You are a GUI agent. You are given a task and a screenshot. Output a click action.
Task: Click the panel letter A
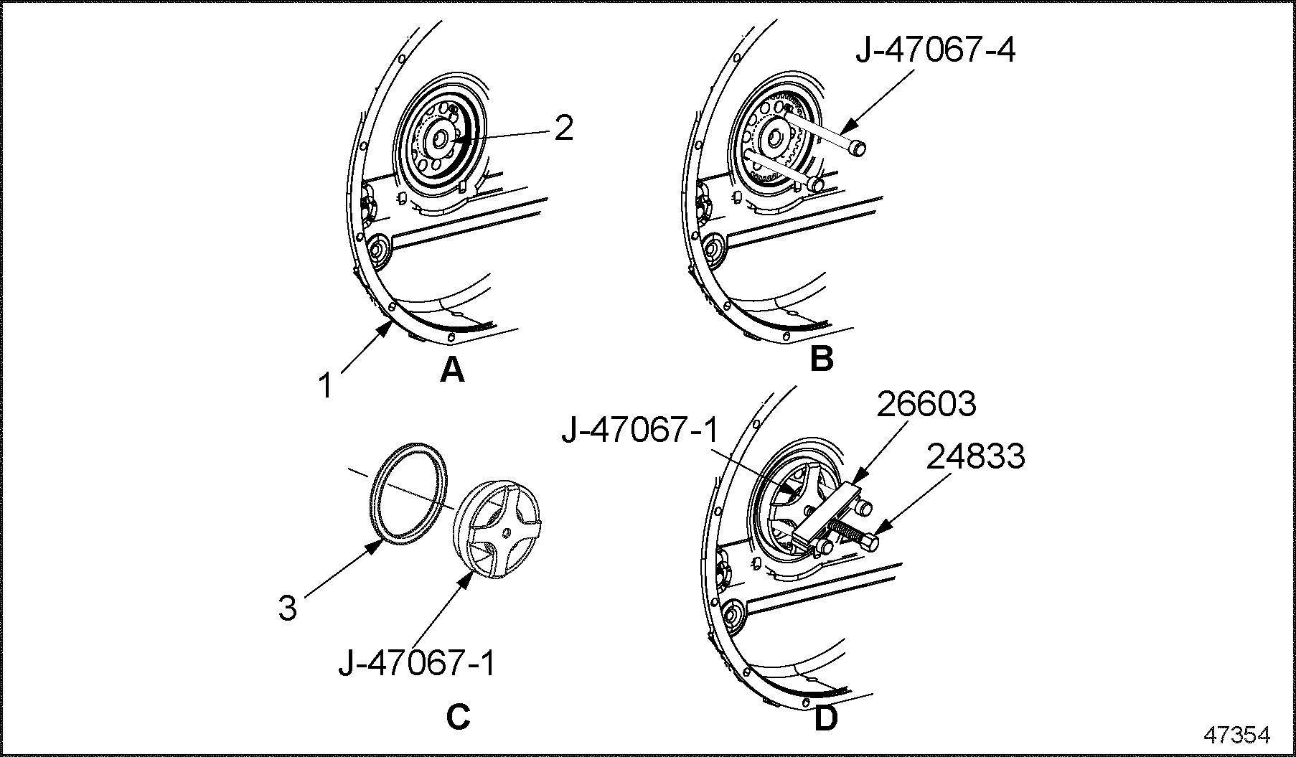pos(452,370)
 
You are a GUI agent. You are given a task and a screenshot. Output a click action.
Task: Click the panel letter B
pos(821,358)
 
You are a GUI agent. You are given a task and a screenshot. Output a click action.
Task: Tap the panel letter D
pos(825,718)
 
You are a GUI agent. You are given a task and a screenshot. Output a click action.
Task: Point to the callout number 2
pos(564,129)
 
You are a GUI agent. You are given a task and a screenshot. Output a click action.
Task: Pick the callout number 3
pos(287,608)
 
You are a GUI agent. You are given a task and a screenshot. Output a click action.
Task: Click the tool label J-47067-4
pos(935,51)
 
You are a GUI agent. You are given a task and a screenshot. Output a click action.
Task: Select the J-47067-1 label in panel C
pos(417,664)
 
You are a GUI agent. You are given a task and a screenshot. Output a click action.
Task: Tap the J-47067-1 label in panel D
pos(640,432)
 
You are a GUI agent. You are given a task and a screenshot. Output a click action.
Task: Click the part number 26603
pos(927,405)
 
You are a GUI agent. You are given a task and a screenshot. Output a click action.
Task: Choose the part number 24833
pos(975,456)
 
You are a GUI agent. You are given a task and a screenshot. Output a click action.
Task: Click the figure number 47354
pos(1236,735)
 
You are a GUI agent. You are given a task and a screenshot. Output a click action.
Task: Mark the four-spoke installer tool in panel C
pos(496,527)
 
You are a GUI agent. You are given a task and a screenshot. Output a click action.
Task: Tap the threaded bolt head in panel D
pos(869,542)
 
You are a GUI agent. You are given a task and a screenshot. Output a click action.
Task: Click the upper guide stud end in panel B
pos(857,147)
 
